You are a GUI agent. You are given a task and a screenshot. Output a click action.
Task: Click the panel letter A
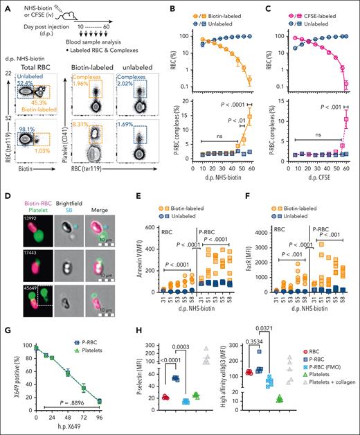coord(6,6)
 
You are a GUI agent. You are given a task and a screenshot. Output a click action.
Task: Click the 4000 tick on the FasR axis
coord(246,206)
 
